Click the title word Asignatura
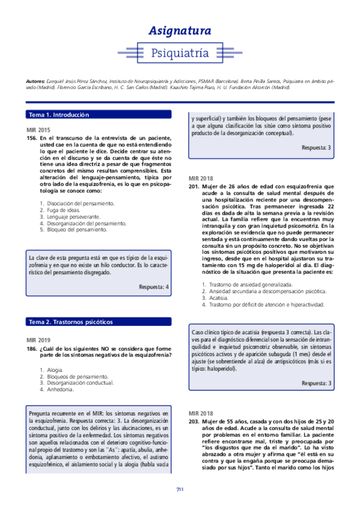coord(180,31)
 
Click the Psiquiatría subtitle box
coord(180,52)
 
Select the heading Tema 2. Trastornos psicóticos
coord(71,322)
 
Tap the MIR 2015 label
coord(38,130)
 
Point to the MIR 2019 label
coord(38,337)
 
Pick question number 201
coord(194,187)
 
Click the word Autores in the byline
coord(36,81)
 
